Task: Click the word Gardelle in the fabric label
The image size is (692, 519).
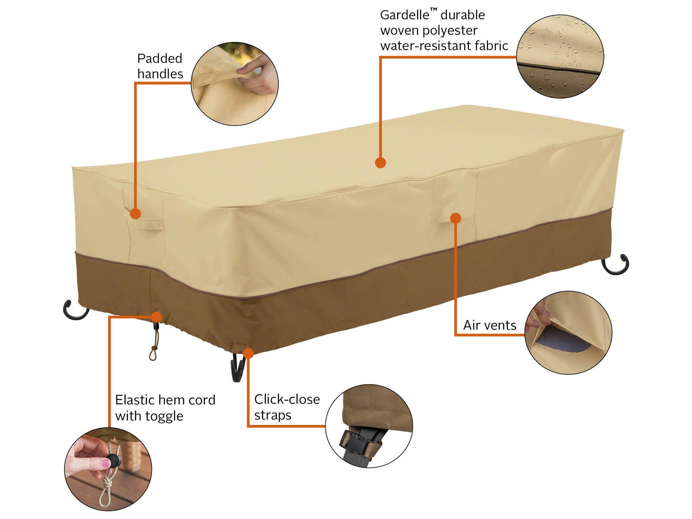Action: [404, 15]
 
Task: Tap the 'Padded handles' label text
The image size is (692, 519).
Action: [160, 66]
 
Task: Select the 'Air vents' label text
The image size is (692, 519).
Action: [490, 325]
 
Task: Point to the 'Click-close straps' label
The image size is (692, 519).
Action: [287, 407]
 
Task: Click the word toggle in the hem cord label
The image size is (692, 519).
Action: [164, 416]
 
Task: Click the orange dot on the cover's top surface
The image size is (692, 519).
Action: [380, 163]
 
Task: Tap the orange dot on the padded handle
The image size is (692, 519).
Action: [135, 214]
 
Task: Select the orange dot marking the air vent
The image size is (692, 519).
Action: [455, 218]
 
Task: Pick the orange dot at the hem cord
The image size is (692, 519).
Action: [157, 317]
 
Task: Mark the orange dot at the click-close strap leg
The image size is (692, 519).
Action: [248, 353]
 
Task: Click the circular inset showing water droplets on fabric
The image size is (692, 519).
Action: [560, 56]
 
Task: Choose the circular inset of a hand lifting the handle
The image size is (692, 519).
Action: [235, 84]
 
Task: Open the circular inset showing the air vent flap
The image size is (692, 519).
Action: [568, 333]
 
